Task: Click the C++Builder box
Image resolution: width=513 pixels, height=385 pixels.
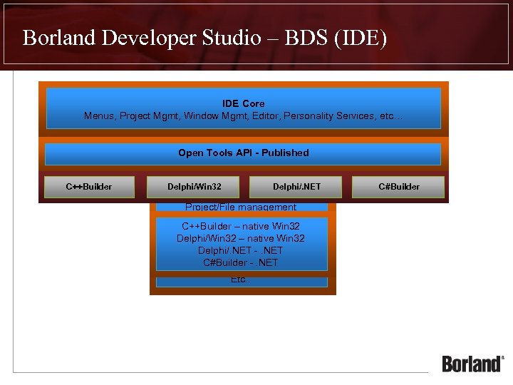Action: pyautogui.click(x=89, y=187)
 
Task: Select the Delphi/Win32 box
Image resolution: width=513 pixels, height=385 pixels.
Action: pyautogui.click(x=194, y=187)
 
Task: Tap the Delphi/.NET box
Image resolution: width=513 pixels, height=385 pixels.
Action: pyautogui.click(x=296, y=187)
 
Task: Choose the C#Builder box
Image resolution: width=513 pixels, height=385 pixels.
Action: pyautogui.click(x=398, y=187)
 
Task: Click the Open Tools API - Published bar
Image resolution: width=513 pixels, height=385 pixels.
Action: pyautogui.click(x=243, y=153)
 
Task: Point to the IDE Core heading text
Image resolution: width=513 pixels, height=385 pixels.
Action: pyautogui.click(x=243, y=104)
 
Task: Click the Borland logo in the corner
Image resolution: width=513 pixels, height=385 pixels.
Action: pyautogui.click(x=472, y=363)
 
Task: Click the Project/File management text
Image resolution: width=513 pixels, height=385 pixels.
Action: pyautogui.click(x=240, y=207)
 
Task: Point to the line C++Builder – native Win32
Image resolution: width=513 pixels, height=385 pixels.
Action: pyautogui.click(x=240, y=227)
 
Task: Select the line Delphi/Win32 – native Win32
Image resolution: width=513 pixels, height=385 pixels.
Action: pyautogui.click(x=240, y=239)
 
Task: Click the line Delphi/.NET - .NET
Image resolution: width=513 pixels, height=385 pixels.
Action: pyautogui.click(x=240, y=251)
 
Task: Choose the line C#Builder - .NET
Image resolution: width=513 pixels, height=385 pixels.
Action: pyautogui.click(x=240, y=263)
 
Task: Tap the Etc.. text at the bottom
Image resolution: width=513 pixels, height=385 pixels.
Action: pyautogui.click(x=240, y=279)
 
